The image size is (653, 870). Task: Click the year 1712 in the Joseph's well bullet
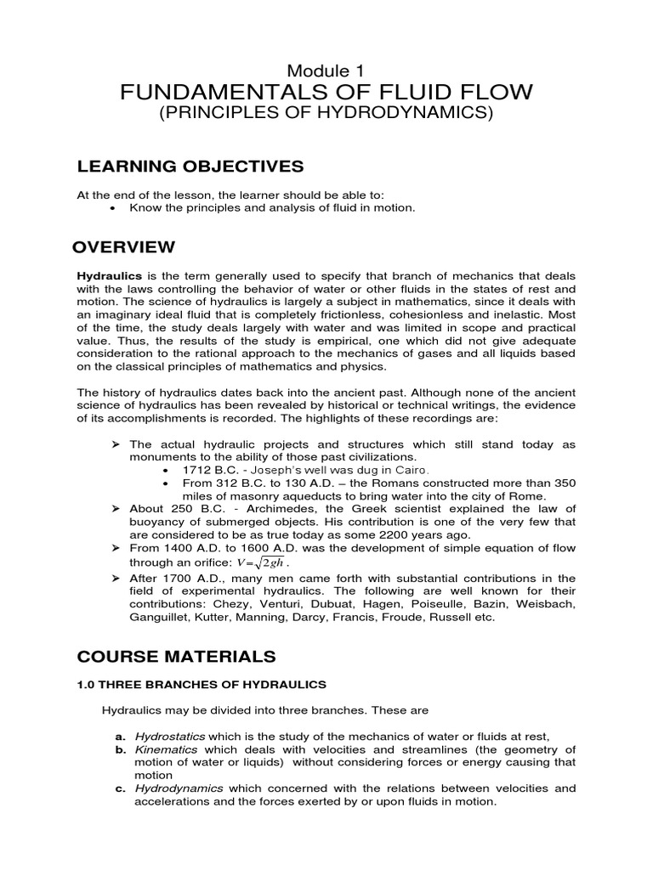192,470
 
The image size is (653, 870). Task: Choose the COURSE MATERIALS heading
176,657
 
